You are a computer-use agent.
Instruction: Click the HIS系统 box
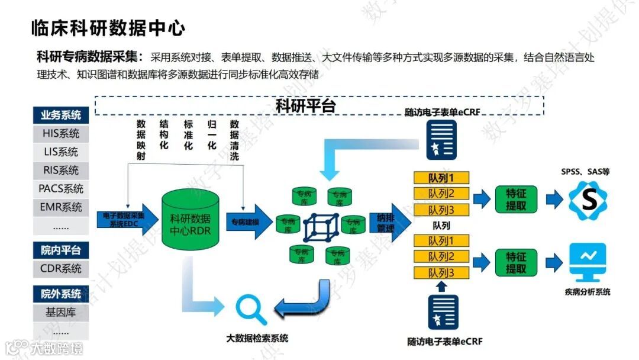tap(60, 134)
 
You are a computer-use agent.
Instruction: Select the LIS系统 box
tap(60, 152)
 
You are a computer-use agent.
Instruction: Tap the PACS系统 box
tap(60, 189)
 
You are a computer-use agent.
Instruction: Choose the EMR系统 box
tap(60, 207)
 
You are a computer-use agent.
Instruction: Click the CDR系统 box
tap(60, 268)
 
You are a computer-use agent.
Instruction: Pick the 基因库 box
tap(60, 312)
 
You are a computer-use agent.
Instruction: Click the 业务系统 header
tap(60, 115)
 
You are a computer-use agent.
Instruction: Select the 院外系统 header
tap(60, 294)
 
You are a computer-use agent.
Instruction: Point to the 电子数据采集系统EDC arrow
tap(125, 220)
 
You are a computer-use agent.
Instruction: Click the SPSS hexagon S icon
tap(588, 201)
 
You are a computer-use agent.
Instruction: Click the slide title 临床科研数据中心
tap(108, 28)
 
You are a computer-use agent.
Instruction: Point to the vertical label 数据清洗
tap(234, 140)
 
